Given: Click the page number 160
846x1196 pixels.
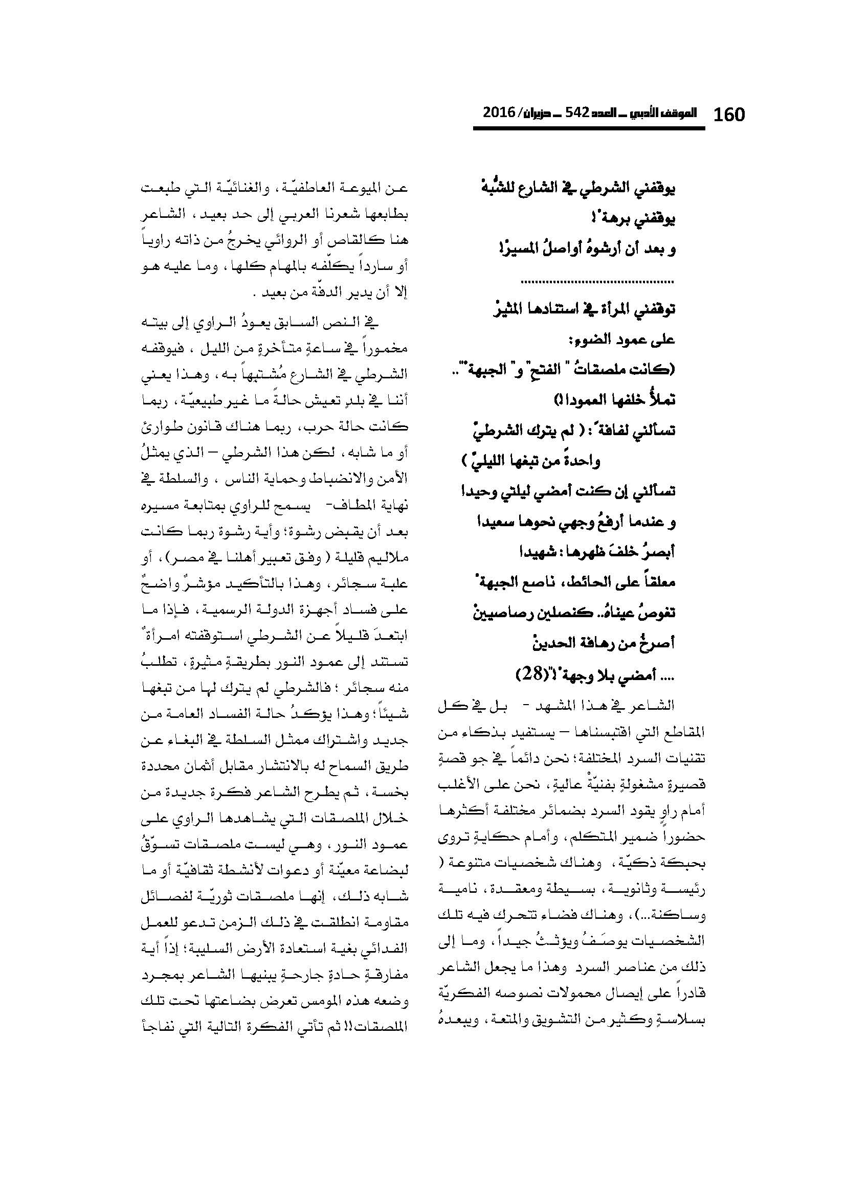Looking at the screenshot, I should tap(729, 114).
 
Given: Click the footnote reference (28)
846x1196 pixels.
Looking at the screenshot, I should tap(530, 675).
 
